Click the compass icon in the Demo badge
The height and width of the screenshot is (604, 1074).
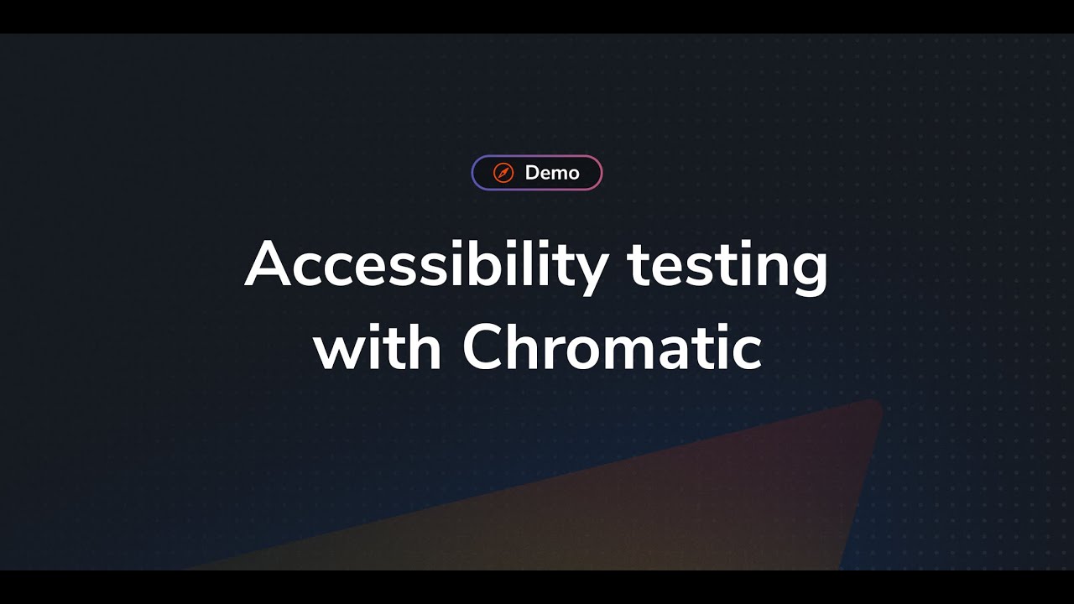coord(503,173)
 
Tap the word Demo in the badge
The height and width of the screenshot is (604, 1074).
coord(552,173)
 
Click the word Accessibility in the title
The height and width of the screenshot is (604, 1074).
coord(426,264)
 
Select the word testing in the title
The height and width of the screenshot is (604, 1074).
coord(727,264)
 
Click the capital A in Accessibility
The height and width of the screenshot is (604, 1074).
coord(268,264)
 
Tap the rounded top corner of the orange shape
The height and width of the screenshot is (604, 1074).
coord(872,407)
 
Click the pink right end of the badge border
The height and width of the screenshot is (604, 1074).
coord(601,173)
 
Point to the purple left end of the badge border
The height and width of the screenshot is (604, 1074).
coord(473,173)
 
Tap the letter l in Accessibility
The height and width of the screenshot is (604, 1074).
coord(537,263)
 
